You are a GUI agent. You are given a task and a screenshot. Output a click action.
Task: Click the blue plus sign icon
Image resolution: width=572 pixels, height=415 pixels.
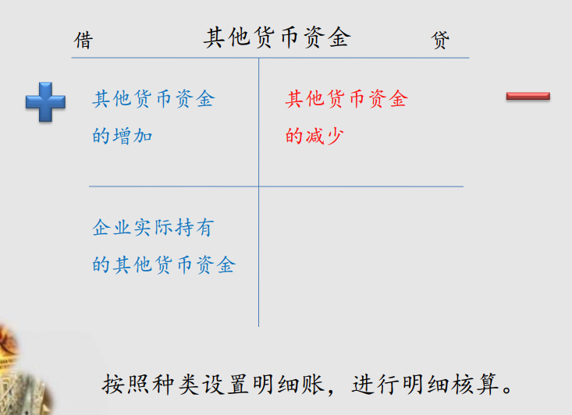coord(45,101)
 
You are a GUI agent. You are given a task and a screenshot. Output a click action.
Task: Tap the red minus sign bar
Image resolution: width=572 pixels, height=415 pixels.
coord(528,96)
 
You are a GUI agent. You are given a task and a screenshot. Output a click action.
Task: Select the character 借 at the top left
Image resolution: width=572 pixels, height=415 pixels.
coord(83,40)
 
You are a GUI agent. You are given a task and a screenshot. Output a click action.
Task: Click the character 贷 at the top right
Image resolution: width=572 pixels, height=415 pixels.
coord(440,40)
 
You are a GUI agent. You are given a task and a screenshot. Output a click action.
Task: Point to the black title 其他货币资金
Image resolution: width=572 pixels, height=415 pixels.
coord(277,37)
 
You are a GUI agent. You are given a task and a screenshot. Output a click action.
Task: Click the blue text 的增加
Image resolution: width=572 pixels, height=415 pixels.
coord(123,136)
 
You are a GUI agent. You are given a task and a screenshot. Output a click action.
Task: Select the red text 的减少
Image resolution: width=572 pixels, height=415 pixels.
coord(314,136)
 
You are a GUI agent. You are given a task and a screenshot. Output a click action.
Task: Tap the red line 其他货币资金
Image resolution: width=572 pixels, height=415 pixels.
coord(346,99)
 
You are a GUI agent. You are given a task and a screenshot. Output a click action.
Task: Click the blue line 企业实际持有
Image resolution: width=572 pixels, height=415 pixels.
coord(153,228)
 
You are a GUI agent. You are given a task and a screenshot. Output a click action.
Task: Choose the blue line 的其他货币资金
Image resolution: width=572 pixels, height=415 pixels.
coord(164,264)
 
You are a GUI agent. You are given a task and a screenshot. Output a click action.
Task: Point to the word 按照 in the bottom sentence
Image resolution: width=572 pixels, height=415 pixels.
coord(126,385)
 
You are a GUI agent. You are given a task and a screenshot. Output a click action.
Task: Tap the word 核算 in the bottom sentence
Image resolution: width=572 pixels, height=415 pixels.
coord(474,385)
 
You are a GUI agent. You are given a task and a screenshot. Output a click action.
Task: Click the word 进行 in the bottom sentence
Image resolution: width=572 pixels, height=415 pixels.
coord(375,385)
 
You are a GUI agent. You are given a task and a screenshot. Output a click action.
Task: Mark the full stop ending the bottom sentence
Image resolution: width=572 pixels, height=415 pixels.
coord(507,389)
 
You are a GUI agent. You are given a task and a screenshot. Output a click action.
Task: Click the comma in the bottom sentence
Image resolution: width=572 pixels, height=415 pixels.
coord(331,392)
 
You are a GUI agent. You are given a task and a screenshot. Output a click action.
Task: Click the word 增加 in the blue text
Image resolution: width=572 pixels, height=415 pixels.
coord(133,136)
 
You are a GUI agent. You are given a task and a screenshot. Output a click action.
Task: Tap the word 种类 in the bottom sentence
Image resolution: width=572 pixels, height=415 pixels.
coord(176,385)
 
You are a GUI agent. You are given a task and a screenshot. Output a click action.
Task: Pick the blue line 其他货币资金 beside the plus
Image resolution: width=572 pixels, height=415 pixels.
coord(154,99)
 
